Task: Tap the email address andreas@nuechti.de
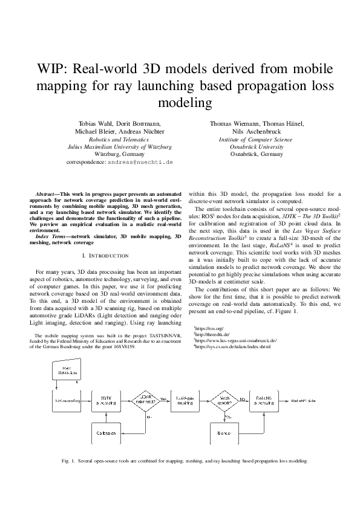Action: (140, 163)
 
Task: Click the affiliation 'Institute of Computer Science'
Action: (257, 139)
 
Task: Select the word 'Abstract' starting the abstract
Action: (47, 194)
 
